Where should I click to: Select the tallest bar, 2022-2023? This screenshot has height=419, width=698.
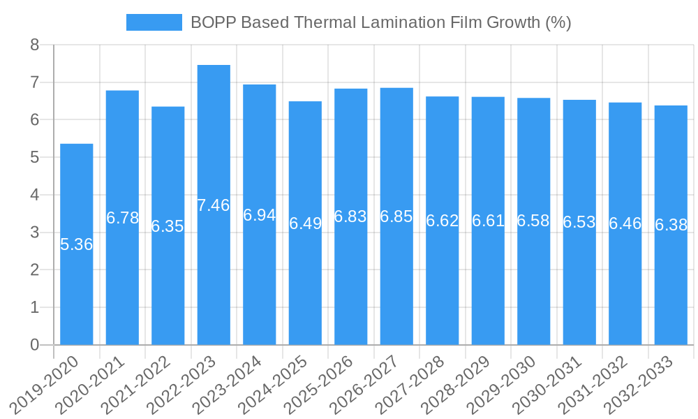click(x=214, y=279)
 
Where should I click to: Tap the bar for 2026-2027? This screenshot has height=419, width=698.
click(x=396, y=279)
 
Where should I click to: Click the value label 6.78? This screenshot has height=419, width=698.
click(x=122, y=218)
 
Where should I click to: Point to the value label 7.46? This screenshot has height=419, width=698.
click(x=214, y=205)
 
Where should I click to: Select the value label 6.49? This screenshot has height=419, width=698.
click(x=305, y=223)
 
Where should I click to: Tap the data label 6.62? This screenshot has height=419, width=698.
click(x=443, y=221)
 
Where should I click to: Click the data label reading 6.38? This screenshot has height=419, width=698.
click(x=671, y=225)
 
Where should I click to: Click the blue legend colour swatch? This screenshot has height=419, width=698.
click(x=154, y=22)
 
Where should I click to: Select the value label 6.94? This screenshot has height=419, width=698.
click(x=260, y=215)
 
